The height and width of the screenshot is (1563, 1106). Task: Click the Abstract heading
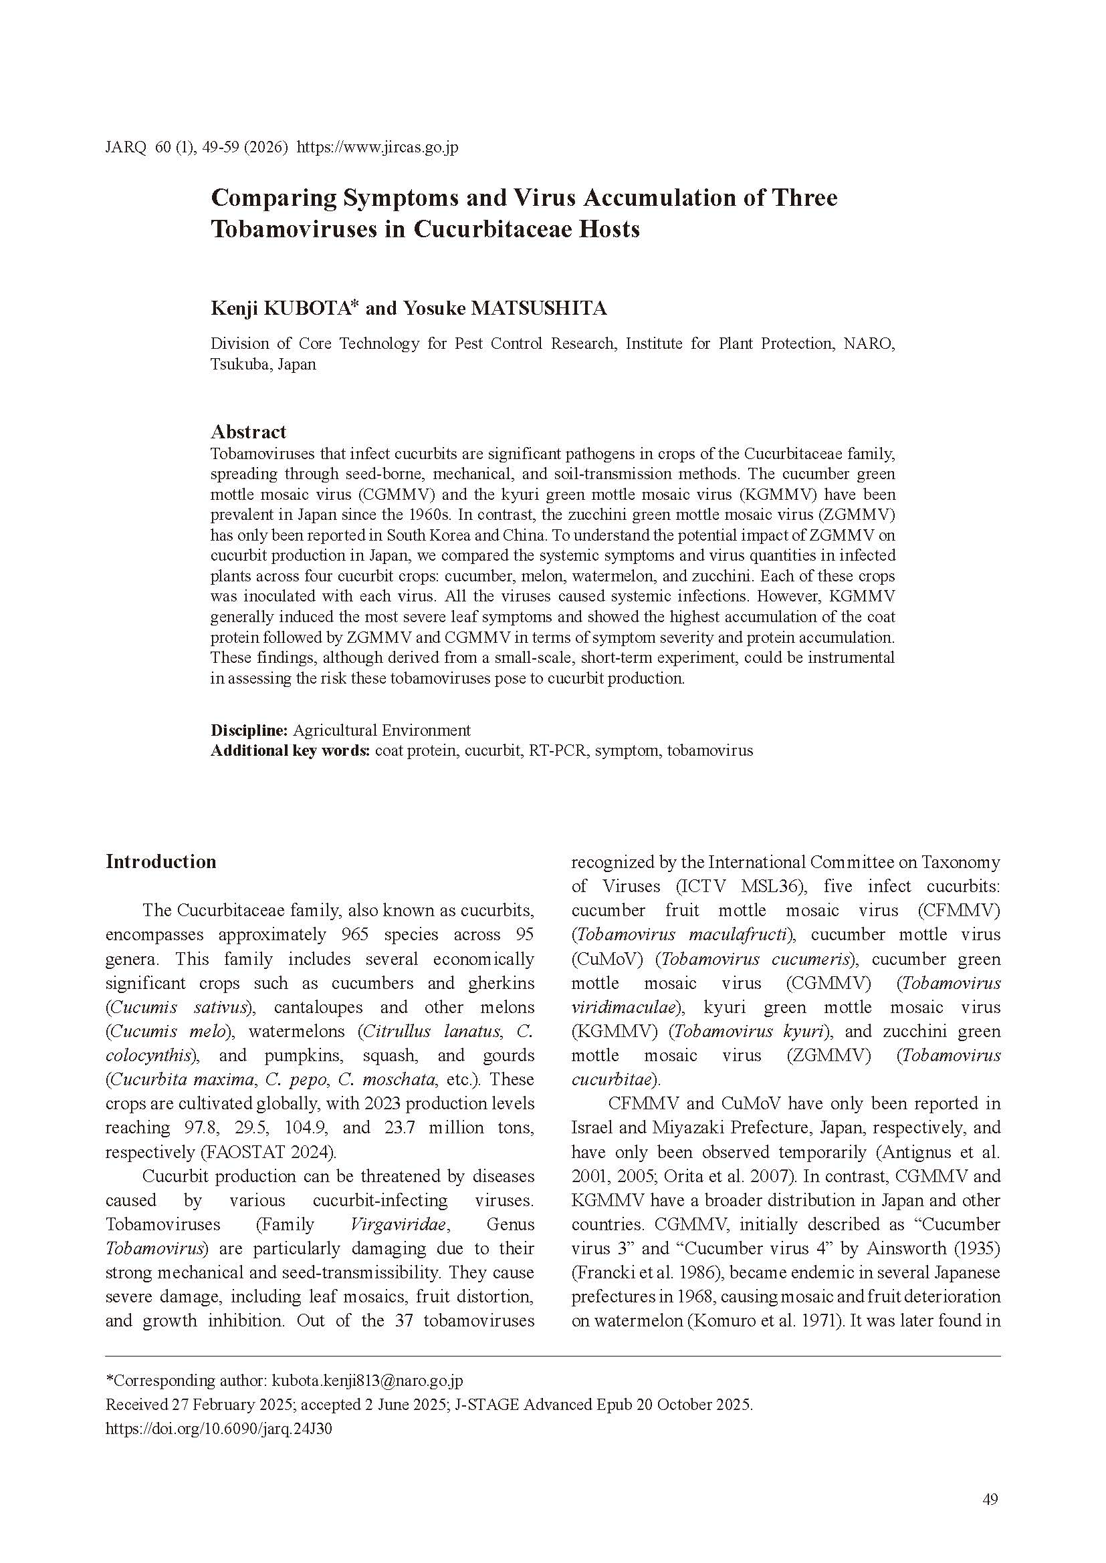click(248, 432)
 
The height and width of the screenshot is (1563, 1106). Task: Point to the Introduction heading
click(160, 862)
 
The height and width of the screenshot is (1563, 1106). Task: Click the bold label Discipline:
click(249, 730)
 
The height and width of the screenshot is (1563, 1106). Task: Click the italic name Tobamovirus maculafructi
click(681, 935)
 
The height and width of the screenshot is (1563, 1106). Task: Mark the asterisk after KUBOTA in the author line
click(354, 303)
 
